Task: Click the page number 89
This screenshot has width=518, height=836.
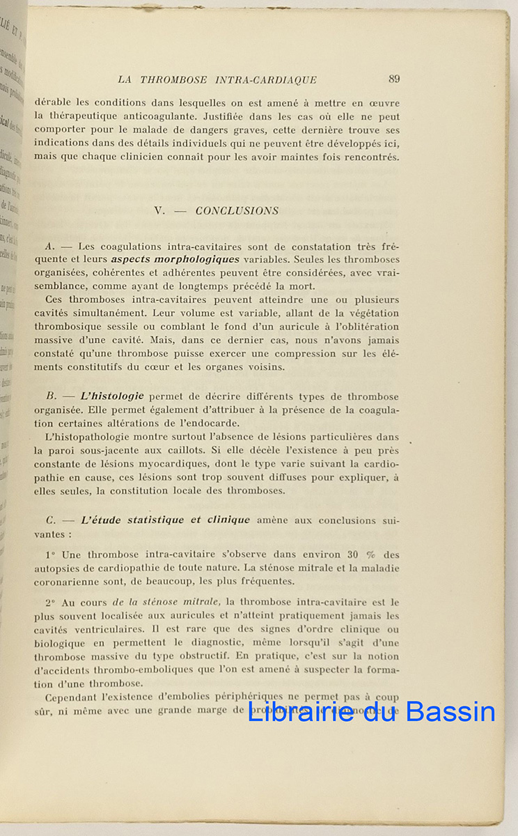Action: [394, 79]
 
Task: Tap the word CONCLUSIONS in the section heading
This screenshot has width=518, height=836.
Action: [237, 211]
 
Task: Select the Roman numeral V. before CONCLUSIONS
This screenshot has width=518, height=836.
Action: [159, 211]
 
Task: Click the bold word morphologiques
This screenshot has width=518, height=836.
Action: [175, 260]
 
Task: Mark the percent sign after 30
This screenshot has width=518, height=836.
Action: [370, 555]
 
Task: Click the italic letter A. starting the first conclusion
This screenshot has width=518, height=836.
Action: [49, 247]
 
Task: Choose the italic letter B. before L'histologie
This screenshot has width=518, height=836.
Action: [49, 396]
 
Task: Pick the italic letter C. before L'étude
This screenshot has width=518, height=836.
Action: [49, 520]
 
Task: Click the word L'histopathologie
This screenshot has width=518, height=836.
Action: [86, 437]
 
